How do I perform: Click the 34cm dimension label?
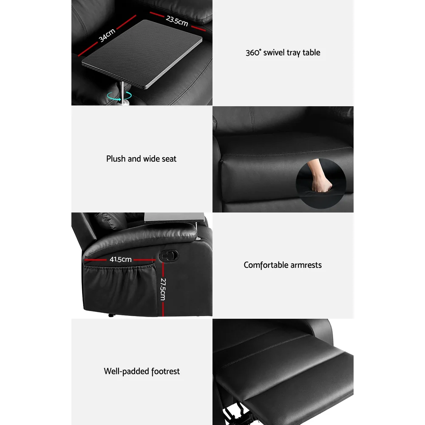pyautogui.click(x=107, y=36)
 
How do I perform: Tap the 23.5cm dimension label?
pyautogui.click(x=177, y=20)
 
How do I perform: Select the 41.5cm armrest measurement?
pyautogui.click(x=121, y=259)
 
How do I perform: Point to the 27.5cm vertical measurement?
pyautogui.click(x=163, y=289)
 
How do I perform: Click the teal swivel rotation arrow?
pyautogui.click(x=119, y=96)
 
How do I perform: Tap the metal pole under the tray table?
pyautogui.click(x=122, y=92)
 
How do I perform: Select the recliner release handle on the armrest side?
pyautogui.click(x=169, y=255)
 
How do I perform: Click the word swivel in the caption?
pyautogui.click(x=274, y=52)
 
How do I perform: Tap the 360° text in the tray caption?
pyautogui.click(x=253, y=52)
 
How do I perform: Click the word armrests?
pyautogui.click(x=306, y=265)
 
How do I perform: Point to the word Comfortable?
pyautogui.click(x=266, y=265)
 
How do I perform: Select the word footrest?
pyautogui.click(x=165, y=371)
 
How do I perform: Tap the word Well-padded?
pyautogui.click(x=127, y=371)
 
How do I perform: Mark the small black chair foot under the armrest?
pyautogui.click(x=111, y=315)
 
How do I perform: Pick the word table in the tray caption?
pyautogui.click(x=311, y=52)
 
